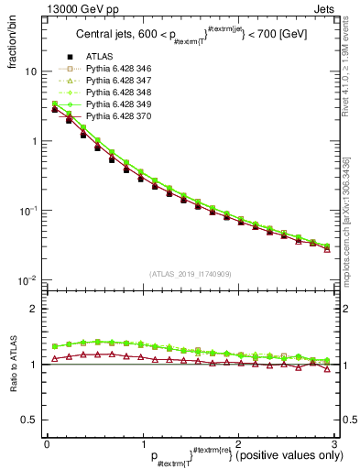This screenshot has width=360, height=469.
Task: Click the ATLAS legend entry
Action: coord(98,57)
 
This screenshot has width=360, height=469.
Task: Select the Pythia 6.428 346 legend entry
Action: coord(117,68)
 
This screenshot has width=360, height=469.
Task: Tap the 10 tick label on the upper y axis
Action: coord(30,71)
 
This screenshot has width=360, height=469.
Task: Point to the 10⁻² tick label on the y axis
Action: coord(27,279)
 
